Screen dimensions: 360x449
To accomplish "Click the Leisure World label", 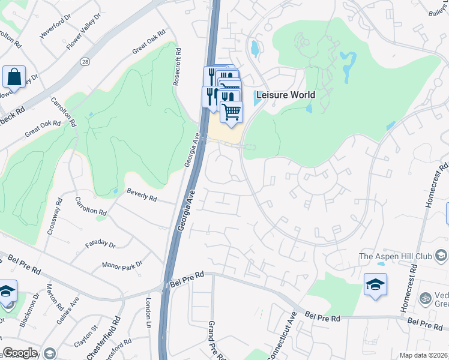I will pos(285,95).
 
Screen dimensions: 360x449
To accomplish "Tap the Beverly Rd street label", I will pos(142,194).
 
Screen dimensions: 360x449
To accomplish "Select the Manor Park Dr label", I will pos(122,264).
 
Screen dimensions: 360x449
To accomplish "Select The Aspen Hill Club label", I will pos(395,256).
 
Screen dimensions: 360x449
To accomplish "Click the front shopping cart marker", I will pos(232,112).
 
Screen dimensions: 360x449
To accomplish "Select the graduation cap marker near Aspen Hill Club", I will pos(375,284).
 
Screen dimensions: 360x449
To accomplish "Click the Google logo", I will pos(19,352).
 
